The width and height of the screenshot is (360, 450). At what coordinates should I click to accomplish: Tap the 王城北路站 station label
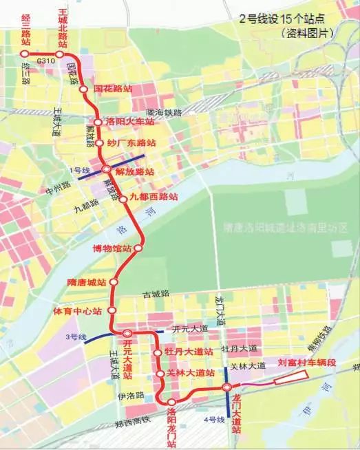[63, 28]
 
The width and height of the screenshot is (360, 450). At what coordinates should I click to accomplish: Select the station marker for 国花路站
[83, 89]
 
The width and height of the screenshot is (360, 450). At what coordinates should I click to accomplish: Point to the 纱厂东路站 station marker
[98, 143]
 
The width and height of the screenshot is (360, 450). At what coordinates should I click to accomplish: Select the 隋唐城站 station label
[86, 282]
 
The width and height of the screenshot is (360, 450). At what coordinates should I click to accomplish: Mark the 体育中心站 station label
[78, 311]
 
